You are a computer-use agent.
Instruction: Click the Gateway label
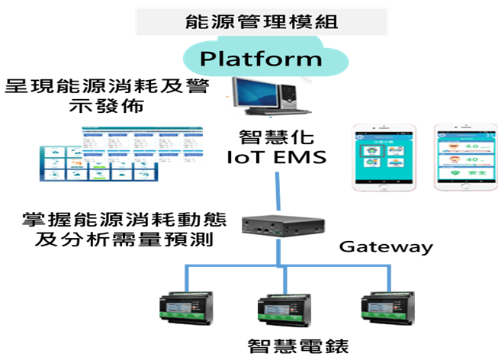tap(386, 247)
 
